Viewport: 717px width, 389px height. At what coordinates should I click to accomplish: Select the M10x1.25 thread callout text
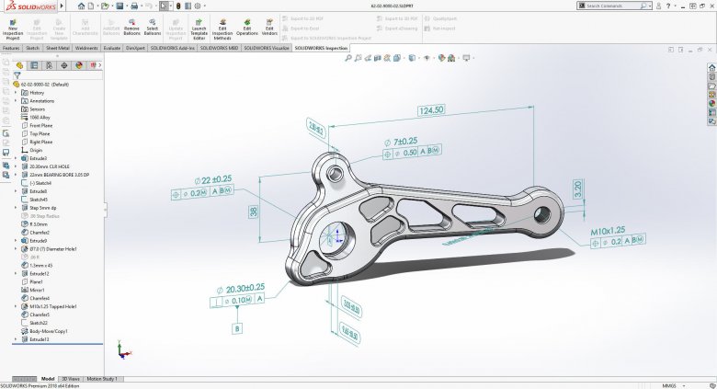(x=608, y=231)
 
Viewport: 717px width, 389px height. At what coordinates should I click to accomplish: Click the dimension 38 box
(x=254, y=212)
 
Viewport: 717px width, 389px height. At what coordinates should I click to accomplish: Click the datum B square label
(x=237, y=327)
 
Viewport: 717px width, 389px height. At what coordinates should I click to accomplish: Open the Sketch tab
(x=33, y=48)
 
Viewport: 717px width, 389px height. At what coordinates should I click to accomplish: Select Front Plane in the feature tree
(x=41, y=125)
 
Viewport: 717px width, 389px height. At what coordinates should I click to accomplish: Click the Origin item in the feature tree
(x=36, y=150)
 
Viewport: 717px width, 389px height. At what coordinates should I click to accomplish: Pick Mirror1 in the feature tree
(x=38, y=290)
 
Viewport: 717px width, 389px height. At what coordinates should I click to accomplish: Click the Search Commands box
(x=643, y=6)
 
